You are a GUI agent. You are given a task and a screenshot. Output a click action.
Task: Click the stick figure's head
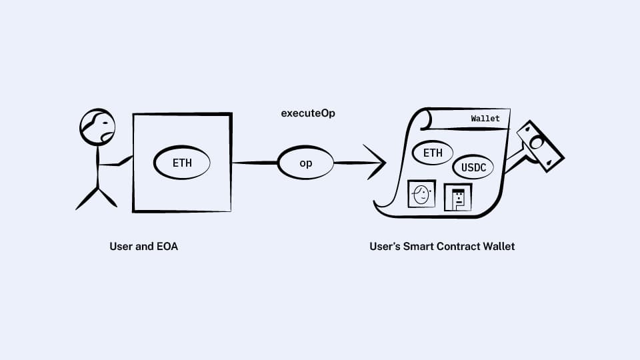97,127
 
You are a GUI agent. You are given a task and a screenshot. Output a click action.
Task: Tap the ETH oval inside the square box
182,163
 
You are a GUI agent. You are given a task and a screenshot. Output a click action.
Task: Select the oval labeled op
306,163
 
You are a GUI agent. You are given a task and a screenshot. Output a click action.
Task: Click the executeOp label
308,113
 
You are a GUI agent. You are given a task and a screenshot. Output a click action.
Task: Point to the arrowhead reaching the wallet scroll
376,163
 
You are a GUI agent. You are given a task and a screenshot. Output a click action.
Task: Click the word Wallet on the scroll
485,119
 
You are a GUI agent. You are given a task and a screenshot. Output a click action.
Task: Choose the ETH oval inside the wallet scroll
433,153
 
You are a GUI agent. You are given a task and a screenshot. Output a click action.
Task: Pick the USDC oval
473,167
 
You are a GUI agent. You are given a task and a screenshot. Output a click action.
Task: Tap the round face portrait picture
421,194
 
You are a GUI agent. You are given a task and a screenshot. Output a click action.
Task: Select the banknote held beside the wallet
540,145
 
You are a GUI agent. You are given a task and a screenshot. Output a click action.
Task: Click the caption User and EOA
143,247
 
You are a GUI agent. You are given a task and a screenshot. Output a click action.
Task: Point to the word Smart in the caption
418,247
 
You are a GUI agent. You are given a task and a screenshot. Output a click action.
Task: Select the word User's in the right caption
385,247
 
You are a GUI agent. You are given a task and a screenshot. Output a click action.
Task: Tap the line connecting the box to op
255,163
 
